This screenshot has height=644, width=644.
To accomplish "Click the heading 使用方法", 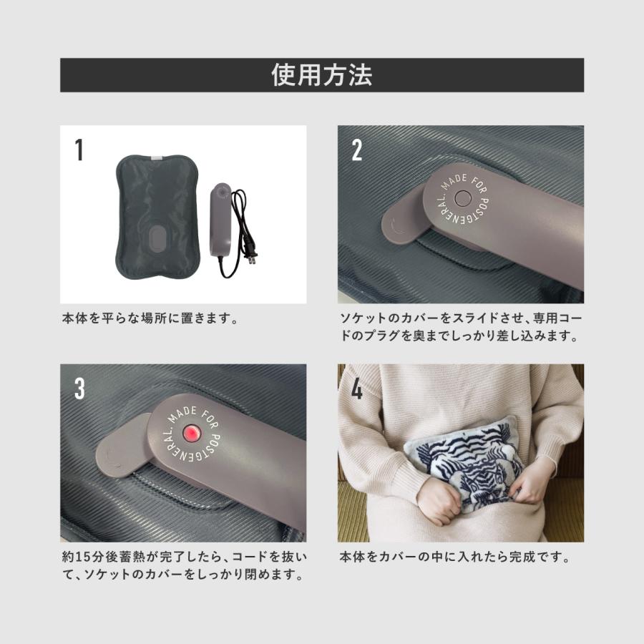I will pos(321,75).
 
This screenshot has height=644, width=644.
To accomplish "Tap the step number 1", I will pos(79,150).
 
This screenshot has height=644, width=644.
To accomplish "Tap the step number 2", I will pos(357,149).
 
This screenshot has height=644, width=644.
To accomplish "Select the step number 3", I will pos(79,388).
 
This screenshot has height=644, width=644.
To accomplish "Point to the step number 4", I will pos(357,389).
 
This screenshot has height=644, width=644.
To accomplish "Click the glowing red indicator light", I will pos(192,434).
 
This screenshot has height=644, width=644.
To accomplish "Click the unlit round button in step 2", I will pos(462,198).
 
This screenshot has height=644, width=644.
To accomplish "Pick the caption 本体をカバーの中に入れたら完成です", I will pos(454,557).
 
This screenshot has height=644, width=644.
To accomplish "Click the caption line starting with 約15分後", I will pos(184,557).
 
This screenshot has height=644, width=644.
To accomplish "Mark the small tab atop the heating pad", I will pos(155,155).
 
